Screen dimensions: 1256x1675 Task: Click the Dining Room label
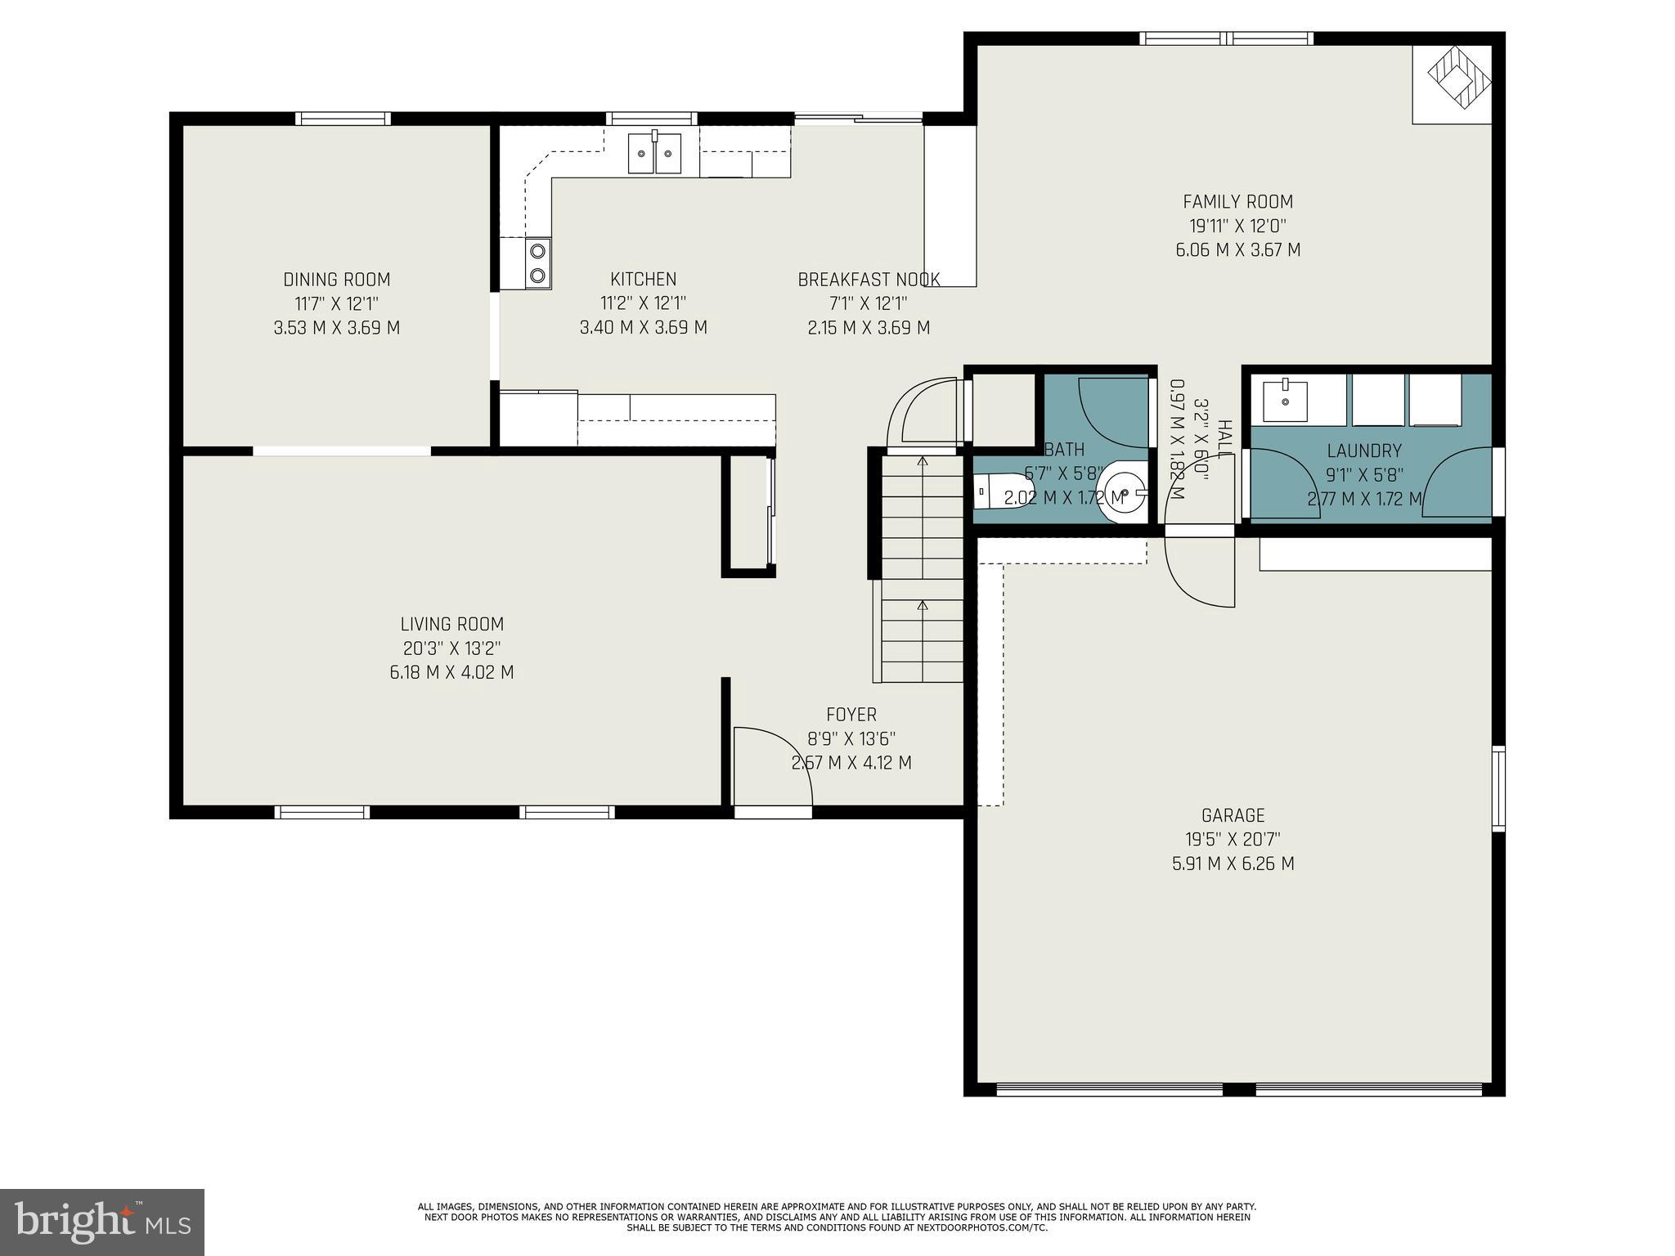point(336,280)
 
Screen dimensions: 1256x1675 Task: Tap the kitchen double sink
point(654,154)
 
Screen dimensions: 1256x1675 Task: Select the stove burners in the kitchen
point(537,263)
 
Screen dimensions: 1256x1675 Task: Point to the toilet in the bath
point(989,492)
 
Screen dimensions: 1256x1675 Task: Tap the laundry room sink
point(1285,400)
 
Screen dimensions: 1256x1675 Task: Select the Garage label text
point(1233,815)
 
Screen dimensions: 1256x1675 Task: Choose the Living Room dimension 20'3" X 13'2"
point(451,648)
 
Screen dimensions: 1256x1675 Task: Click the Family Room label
point(1237,201)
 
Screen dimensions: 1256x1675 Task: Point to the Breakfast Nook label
point(869,280)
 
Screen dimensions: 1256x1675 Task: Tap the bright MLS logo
point(101,1221)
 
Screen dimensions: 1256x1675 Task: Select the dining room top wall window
point(343,119)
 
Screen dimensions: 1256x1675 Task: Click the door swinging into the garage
point(1200,570)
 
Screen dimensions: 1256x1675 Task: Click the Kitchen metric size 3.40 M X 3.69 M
point(643,328)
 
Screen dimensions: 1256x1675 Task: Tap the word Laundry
point(1363,451)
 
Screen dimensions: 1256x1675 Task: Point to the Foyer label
point(851,715)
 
